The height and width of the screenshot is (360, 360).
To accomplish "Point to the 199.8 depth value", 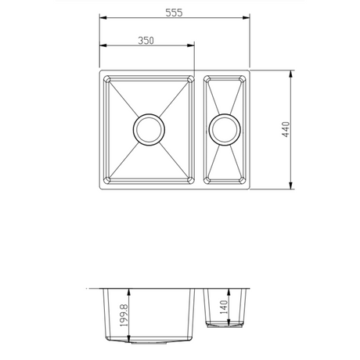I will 120,317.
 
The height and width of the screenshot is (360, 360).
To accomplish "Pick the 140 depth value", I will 224,309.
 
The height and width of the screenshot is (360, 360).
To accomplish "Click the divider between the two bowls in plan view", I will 200,130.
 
